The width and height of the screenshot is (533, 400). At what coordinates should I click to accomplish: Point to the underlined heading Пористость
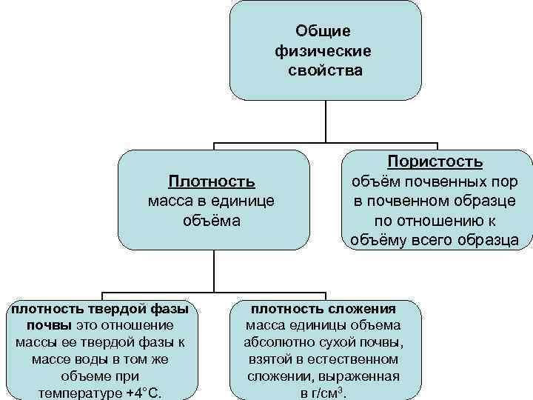[x=436, y=161]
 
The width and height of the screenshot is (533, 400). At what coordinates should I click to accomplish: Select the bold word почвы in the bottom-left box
[x=48, y=325]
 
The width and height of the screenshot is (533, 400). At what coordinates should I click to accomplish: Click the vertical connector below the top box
[x=326, y=121]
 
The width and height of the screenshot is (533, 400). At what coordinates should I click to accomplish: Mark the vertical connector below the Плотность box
[x=213, y=270]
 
